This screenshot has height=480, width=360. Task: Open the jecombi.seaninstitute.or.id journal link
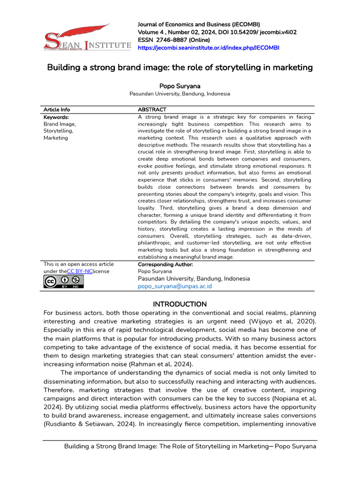(x=208, y=48)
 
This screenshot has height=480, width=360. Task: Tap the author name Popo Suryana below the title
(x=180, y=86)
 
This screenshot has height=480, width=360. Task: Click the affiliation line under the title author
(x=180, y=94)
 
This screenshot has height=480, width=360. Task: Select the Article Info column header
(x=57, y=110)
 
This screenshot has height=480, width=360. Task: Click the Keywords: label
(x=56, y=117)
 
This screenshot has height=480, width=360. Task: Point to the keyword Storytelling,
(x=59, y=131)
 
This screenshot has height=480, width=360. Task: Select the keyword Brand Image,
(x=60, y=124)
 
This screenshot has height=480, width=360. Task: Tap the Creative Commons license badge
(x=64, y=281)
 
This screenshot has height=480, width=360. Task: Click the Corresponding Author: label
(x=162, y=264)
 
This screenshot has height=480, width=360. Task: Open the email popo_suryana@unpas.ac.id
(x=174, y=286)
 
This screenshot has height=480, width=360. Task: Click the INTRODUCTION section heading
(x=180, y=304)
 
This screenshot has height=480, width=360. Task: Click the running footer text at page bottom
(x=190, y=446)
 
